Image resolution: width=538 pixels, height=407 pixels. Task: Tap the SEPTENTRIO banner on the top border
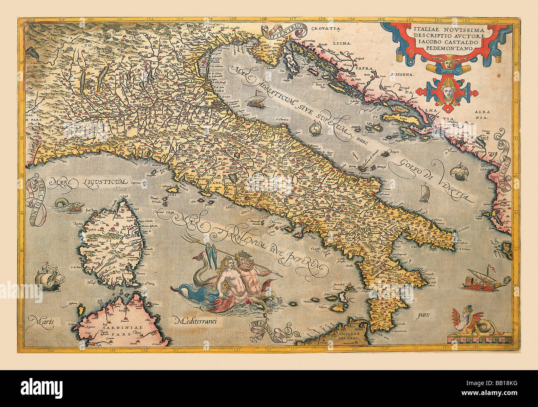[x=283, y=31]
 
